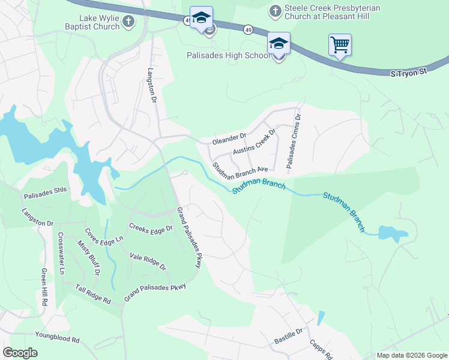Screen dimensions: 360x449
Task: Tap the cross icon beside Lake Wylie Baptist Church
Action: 128,22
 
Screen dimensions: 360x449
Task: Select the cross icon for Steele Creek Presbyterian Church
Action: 275,11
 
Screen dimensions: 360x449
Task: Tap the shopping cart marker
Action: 340,44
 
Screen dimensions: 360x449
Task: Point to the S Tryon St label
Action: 408,72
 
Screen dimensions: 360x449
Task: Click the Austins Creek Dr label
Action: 254,142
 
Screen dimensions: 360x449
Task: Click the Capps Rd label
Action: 321,347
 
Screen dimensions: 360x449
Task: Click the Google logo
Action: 20,353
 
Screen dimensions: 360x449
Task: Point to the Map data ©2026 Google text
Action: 411,355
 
